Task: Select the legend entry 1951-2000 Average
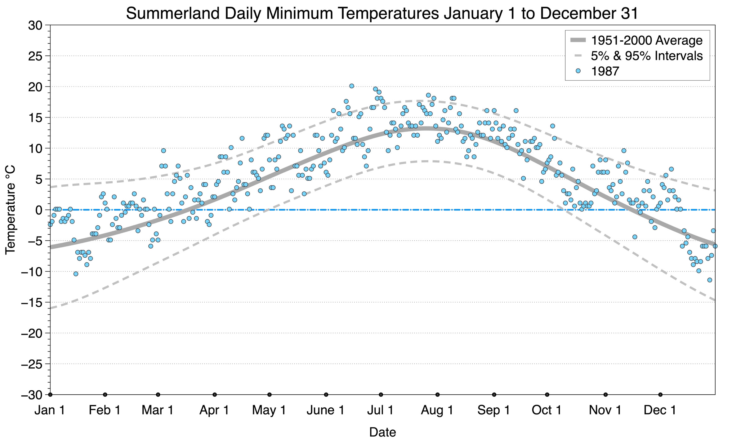pos(647,40)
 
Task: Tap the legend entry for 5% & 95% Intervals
pos(647,56)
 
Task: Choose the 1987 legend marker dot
pos(578,71)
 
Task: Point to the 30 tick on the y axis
pos(35,25)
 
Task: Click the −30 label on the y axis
pos(31,395)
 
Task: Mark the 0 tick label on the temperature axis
pos(39,210)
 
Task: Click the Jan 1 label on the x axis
pos(50,410)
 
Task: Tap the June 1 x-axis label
pos(325,410)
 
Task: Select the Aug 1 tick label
pos(437,410)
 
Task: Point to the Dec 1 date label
pos(660,410)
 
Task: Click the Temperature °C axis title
pos(10,210)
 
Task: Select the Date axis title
pos(382,432)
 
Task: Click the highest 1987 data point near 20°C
pos(351,86)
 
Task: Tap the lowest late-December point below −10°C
pos(709,280)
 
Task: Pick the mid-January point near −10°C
pos(76,274)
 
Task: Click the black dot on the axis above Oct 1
pos(547,395)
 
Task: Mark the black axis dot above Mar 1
pos(158,395)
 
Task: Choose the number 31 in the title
pos(629,13)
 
